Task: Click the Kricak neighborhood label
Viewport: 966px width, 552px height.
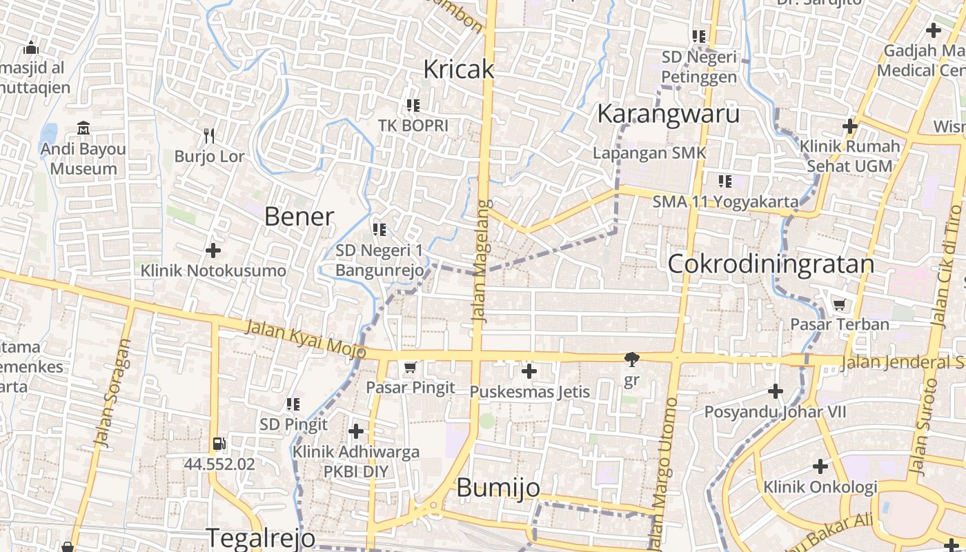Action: pyautogui.click(x=459, y=69)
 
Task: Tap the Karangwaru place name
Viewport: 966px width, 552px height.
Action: pyautogui.click(x=668, y=114)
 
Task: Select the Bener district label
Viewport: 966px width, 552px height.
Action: pyautogui.click(x=299, y=217)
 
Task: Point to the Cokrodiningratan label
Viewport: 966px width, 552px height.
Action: pyautogui.click(x=771, y=264)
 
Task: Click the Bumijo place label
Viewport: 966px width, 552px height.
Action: pyautogui.click(x=498, y=488)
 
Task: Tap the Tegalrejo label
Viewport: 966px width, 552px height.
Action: pyautogui.click(x=261, y=538)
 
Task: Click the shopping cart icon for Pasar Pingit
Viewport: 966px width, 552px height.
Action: pyautogui.click(x=411, y=367)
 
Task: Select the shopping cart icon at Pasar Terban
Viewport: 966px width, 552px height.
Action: pyautogui.click(x=839, y=304)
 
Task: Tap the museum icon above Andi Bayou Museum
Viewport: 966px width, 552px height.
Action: pyautogui.click(x=83, y=128)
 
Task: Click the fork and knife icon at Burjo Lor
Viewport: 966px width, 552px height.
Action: pyautogui.click(x=210, y=135)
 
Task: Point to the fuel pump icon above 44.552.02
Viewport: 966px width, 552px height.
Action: pyautogui.click(x=219, y=444)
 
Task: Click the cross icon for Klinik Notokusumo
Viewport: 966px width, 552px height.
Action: pyautogui.click(x=213, y=250)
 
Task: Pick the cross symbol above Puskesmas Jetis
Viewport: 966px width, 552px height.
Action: pyautogui.click(x=529, y=372)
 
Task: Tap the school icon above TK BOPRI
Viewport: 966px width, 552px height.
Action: pyautogui.click(x=413, y=106)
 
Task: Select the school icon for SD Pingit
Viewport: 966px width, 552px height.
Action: pyautogui.click(x=293, y=404)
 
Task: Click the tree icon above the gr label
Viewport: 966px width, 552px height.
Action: pyautogui.click(x=631, y=359)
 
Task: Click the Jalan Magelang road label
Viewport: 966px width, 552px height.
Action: pyautogui.click(x=482, y=260)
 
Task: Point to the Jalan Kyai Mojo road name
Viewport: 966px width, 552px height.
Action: pyautogui.click(x=305, y=337)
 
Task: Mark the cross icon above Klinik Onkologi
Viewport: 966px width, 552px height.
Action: pyautogui.click(x=820, y=466)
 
